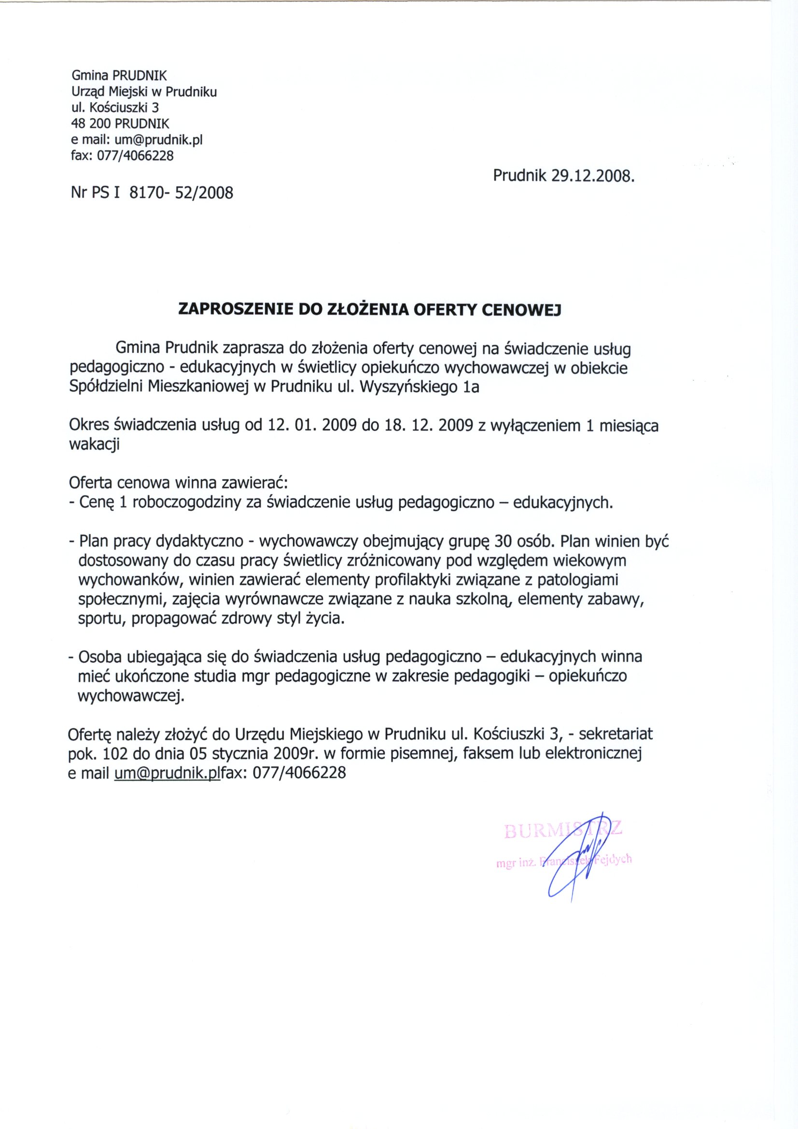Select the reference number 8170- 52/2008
(x=181, y=192)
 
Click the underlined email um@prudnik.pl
(x=166, y=772)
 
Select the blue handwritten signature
(x=573, y=858)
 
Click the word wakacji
(x=94, y=444)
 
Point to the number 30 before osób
(x=505, y=542)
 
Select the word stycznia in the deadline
(x=239, y=753)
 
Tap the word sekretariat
(x=616, y=734)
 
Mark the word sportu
(x=100, y=619)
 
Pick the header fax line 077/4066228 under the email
(x=123, y=156)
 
